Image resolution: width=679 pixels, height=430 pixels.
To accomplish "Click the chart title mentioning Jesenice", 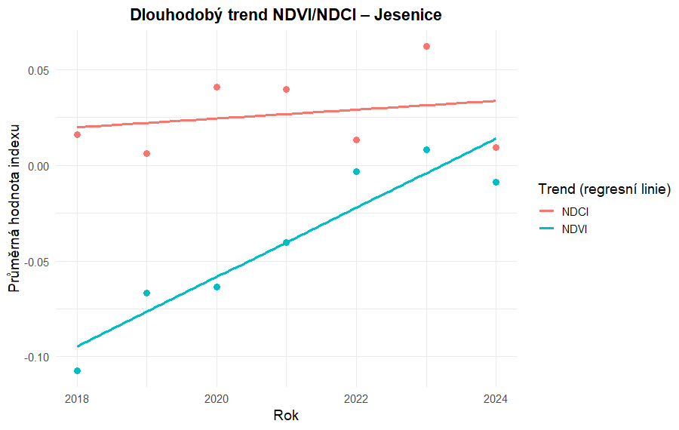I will coord(285,15).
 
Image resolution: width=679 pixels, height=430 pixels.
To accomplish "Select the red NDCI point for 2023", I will coord(426,46).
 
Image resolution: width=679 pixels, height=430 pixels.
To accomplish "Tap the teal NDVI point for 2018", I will coord(77,370).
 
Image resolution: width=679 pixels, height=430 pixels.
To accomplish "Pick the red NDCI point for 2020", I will coord(217,87).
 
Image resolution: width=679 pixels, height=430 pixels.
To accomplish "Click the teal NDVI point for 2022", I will coord(356,171).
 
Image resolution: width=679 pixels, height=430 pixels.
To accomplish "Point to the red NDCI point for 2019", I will coord(147,153).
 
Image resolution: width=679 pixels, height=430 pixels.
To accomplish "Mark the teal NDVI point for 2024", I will coord(496,182).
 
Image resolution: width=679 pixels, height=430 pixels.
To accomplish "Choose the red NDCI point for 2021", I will coord(287,89).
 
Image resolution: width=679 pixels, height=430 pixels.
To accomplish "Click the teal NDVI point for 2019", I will coord(147,293).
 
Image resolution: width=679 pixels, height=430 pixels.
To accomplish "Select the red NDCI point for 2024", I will coord(496,147).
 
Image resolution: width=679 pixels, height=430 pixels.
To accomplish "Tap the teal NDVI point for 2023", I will coord(426,149).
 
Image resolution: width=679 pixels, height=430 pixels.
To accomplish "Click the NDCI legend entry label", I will coord(575,211).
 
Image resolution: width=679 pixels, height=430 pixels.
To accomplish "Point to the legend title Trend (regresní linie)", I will coord(604,189).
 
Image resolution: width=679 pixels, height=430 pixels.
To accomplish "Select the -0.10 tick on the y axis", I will coord(37,357).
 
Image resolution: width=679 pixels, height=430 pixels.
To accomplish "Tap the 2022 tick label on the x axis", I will coord(356,398).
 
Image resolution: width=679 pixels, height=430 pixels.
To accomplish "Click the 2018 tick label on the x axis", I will coord(77,398).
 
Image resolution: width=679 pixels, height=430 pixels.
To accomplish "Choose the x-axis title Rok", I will coord(286,416).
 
